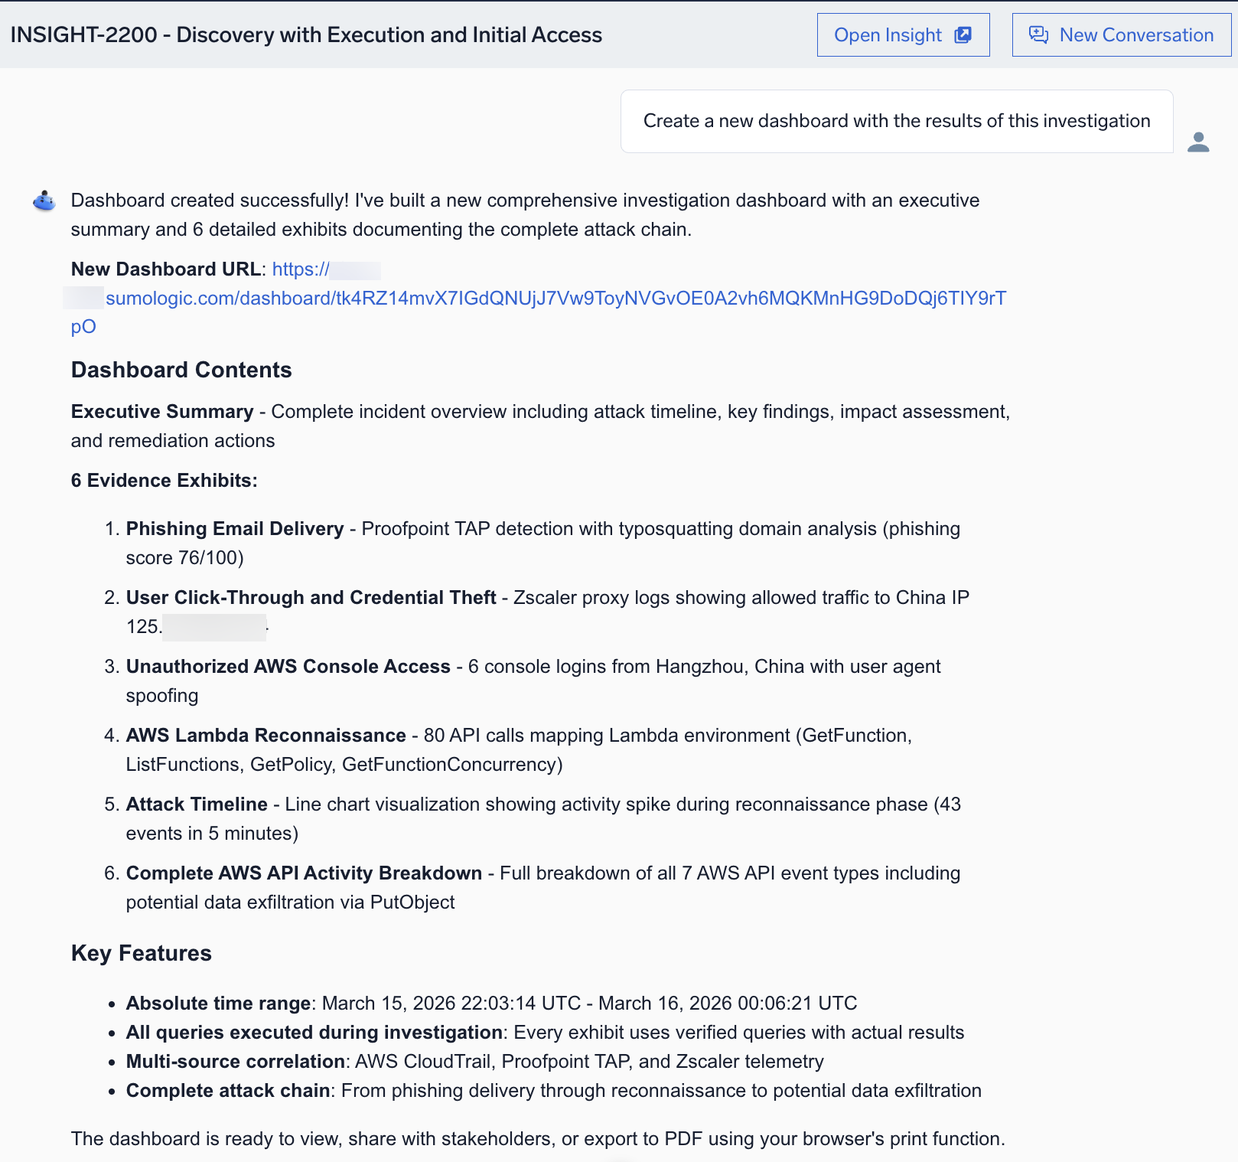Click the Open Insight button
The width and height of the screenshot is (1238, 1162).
pos(903,35)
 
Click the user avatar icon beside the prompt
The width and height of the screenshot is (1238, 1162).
pos(1198,142)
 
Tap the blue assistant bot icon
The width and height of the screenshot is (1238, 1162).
pos(44,201)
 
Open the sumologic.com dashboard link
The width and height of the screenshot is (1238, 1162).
pos(555,299)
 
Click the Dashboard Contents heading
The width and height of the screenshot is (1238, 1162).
pos(181,370)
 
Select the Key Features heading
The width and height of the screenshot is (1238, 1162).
pos(142,954)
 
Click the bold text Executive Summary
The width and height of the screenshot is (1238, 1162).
pos(162,412)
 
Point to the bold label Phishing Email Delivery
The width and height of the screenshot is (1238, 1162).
pos(235,529)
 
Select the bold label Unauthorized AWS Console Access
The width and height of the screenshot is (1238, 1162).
pos(288,667)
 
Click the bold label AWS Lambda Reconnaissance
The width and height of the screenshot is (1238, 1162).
pos(266,736)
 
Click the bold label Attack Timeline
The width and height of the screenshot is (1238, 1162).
pos(197,805)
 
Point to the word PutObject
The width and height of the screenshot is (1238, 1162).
pos(412,903)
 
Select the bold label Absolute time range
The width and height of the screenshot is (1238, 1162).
pos(218,1004)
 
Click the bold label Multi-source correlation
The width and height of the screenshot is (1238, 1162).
pos(236,1062)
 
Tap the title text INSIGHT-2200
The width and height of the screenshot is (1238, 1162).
pos(83,35)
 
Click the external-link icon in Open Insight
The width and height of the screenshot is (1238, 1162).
pos(963,35)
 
